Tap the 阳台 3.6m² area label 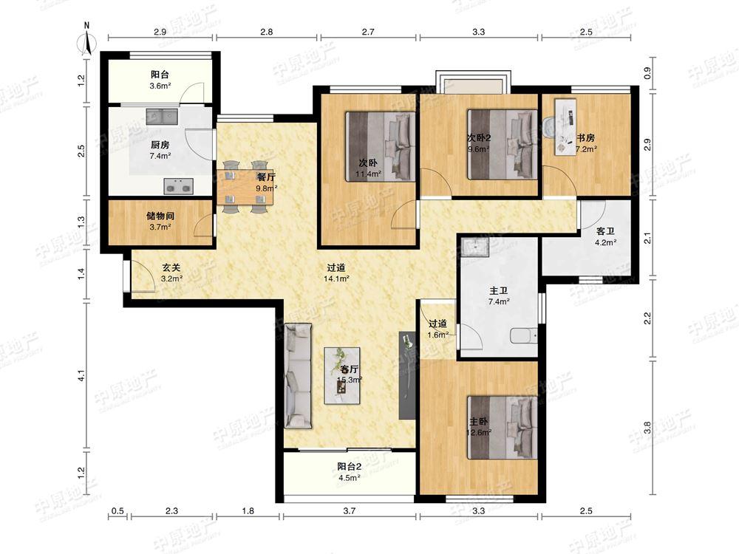pyautogui.click(x=160, y=80)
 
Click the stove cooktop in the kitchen pyautogui.click(x=179, y=186)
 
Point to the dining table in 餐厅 pyautogui.click(x=245, y=187)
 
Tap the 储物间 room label pyautogui.click(x=160, y=216)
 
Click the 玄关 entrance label pyautogui.click(x=171, y=267)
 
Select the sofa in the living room pyautogui.click(x=298, y=375)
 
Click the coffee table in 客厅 pyautogui.click(x=342, y=375)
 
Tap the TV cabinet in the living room pyautogui.click(x=406, y=375)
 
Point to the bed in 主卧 pyautogui.click(x=503, y=427)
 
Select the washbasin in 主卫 pyautogui.click(x=477, y=247)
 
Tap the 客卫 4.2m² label pyautogui.click(x=606, y=237)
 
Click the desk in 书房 pyautogui.click(x=565, y=126)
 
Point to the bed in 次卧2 pyautogui.click(x=503, y=144)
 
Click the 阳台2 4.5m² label pyautogui.click(x=350, y=472)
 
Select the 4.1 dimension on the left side pyautogui.click(x=81, y=376)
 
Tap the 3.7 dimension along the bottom pyautogui.click(x=350, y=510)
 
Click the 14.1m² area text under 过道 pyautogui.click(x=336, y=278)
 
